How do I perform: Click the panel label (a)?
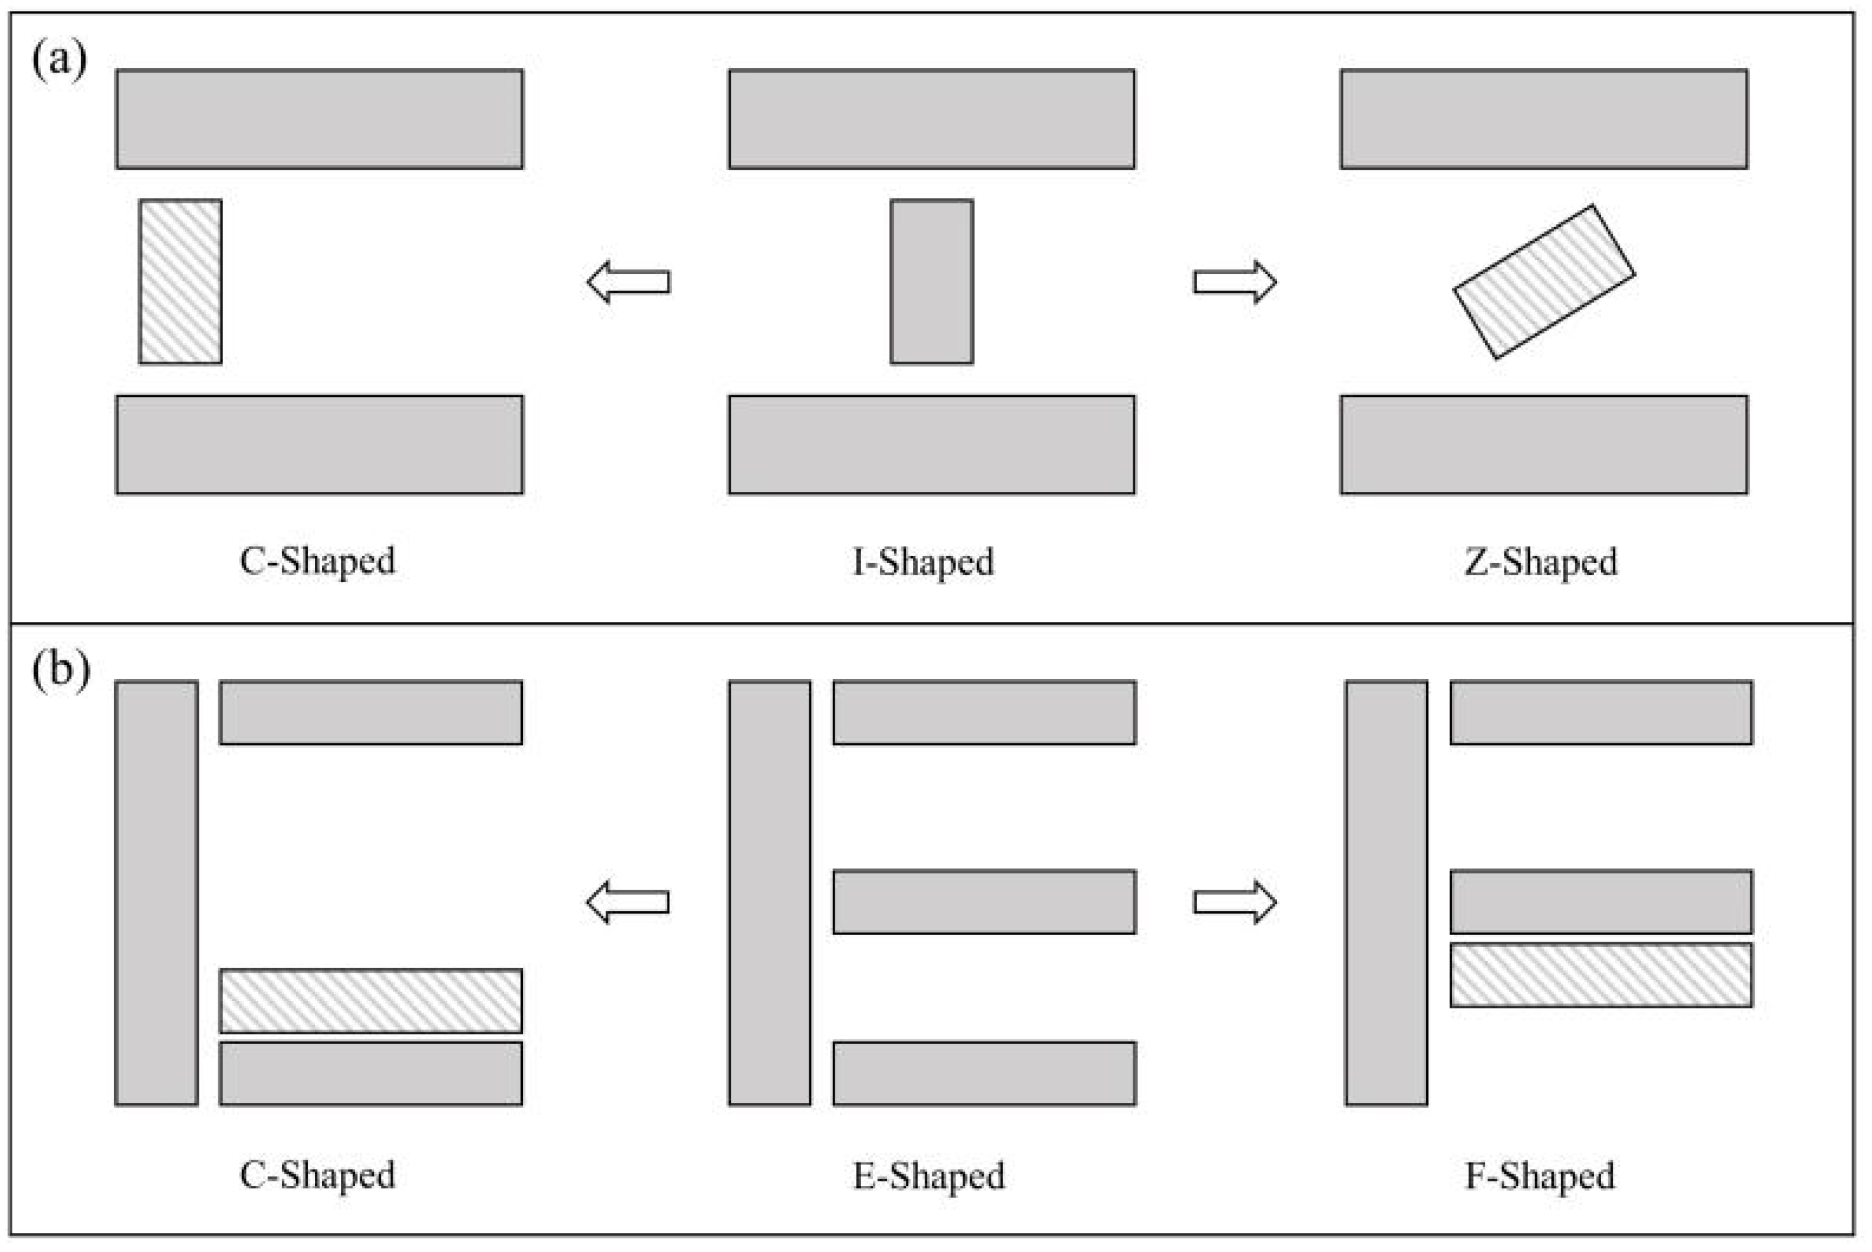[59, 59]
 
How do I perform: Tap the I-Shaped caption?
[923, 562]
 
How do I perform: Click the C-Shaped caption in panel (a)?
[317, 561]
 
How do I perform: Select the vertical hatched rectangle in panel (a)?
[180, 282]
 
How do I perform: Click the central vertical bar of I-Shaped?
[932, 282]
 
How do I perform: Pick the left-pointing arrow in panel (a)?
[629, 282]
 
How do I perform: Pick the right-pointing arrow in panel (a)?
[1235, 282]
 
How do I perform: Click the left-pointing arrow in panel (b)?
[629, 902]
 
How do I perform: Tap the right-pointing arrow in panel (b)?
[1235, 902]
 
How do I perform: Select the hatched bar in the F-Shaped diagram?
[1600, 975]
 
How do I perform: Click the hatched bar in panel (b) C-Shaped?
[371, 1001]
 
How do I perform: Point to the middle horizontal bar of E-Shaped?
[984, 901]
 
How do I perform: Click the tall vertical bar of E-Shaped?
[770, 893]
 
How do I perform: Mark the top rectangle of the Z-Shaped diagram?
[1544, 119]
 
